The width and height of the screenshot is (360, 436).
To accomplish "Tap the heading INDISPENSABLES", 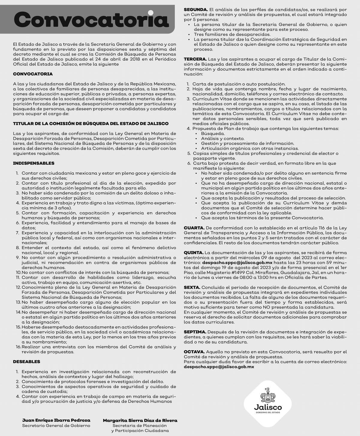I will (x=34, y=163).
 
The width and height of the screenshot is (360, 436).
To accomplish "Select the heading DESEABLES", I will (x=26, y=362).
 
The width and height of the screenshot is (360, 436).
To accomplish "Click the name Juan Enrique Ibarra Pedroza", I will (x=56, y=420).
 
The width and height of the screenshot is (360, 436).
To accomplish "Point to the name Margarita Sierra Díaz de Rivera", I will (x=140, y=420).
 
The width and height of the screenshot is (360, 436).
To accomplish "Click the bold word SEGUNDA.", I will (x=195, y=10).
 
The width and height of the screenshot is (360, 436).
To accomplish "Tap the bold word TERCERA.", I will (x=195, y=59).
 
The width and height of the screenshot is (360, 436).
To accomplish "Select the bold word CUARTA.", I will (x=194, y=228).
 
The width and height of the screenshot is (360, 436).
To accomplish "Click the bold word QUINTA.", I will (x=194, y=253).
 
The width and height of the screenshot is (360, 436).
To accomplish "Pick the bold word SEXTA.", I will (x=192, y=287).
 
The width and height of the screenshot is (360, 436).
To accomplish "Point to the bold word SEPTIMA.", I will (x=195, y=332).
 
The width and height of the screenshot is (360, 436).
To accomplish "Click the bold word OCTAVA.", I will (x=194, y=352).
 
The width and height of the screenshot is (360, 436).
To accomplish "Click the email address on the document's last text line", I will (x=219, y=367).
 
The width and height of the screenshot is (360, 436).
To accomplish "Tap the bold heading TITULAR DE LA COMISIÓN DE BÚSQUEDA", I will (x=91, y=123).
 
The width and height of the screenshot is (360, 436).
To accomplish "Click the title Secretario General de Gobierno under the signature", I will (x=56, y=425).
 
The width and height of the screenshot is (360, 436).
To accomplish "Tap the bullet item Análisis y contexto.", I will (x=223, y=138).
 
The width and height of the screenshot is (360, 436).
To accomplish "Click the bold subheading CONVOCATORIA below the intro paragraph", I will (x=33, y=74).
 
